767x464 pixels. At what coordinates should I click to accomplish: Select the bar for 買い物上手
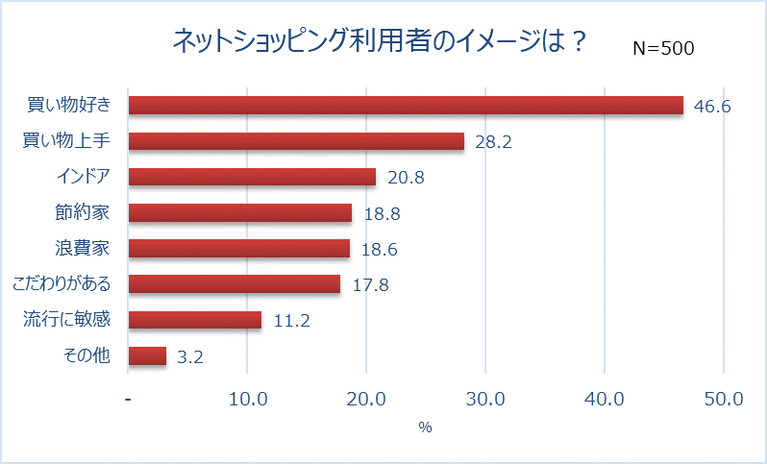(296, 141)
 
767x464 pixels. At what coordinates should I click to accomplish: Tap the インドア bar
(252, 177)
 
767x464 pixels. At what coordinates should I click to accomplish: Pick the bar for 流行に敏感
(194, 320)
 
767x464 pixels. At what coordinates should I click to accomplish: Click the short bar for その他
(147, 355)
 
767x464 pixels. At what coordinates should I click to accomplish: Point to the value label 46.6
(712, 106)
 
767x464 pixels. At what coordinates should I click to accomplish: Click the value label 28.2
(493, 141)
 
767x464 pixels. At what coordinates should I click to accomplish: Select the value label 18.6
(379, 249)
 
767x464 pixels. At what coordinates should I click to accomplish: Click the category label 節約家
(83, 212)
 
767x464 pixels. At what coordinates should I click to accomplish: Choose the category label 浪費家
(83, 248)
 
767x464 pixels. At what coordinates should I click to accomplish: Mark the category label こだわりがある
(61, 284)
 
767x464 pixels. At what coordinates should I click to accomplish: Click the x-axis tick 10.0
(247, 399)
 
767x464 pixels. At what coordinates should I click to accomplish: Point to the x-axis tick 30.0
(485, 399)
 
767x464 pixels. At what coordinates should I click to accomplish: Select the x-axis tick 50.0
(723, 399)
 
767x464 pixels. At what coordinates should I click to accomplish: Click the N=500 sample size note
(663, 48)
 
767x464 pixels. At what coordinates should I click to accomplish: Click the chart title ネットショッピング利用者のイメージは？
(378, 41)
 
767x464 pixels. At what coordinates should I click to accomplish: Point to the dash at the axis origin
(129, 399)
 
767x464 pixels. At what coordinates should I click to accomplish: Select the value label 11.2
(290, 321)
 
